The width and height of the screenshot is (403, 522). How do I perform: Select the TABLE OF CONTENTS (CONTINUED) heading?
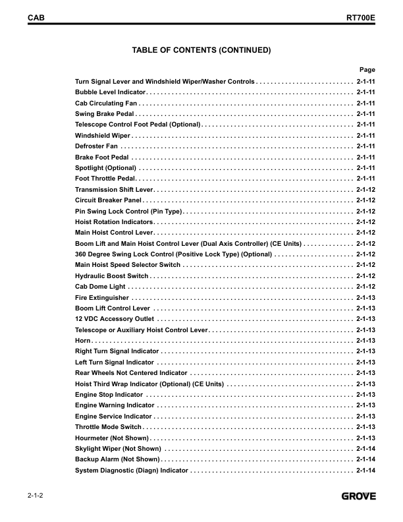(201, 50)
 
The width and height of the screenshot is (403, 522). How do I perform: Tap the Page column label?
(367, 69)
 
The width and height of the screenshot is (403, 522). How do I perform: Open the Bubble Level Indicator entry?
(110, 92)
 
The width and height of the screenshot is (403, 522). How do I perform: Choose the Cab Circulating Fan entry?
(106, 103)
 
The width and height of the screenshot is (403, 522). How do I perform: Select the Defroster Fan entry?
(96, 146)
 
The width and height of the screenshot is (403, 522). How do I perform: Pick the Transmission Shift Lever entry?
(114, 189)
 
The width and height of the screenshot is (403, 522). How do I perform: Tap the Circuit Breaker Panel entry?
(109, 200)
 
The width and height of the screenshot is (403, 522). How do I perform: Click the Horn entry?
(82, 341)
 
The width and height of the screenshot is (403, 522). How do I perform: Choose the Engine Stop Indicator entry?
(109, 395)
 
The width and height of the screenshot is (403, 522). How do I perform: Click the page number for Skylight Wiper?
(365, 449)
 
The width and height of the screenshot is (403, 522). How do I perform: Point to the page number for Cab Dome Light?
(365, 287)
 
